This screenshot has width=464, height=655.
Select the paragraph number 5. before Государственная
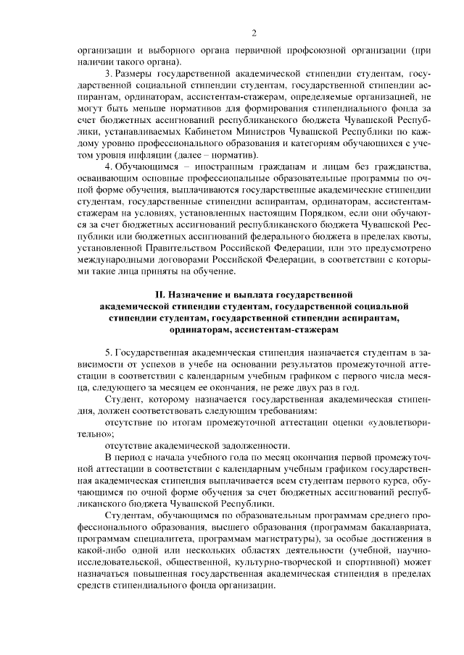tap(109, 350)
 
